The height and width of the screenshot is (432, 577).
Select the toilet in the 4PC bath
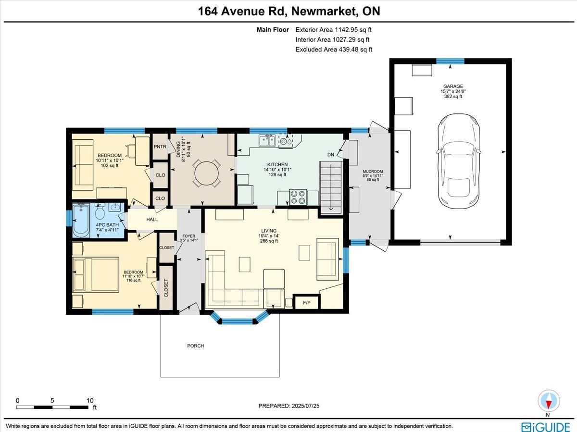pos(100,212)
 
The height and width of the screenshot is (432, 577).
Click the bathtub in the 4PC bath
pos(81,220)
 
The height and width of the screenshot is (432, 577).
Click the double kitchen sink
pos(267,140)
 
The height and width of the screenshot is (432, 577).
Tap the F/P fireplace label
pos(306,303)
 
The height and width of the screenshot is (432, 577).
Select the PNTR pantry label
pos(160,147)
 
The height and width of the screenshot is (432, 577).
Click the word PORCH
pos(196,346)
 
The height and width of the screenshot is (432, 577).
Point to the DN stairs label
pos(330,155)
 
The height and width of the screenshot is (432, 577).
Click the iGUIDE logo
pos(546,426)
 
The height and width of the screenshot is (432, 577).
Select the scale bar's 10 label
pos(89,400)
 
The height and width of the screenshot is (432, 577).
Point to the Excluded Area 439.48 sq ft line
pos(334,49)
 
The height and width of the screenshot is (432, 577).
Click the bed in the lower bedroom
pos(95,275)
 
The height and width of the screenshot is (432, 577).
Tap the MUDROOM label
pos(373,172)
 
